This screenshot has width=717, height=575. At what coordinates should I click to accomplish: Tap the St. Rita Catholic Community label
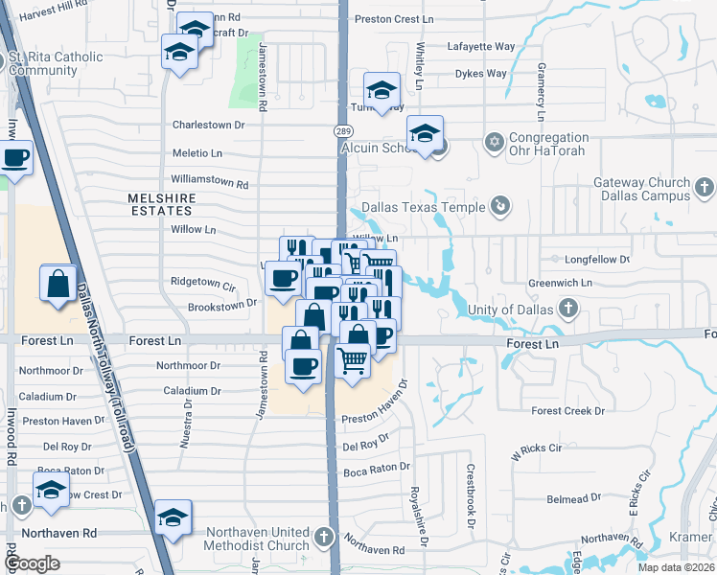(x=55, y=63)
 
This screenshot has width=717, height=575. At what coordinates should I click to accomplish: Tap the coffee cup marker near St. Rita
(x=14, y=158)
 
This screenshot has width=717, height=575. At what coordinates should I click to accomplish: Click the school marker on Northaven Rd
(x=173, y=518)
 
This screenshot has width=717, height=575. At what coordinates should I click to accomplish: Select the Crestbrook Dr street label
(x=471, y=496)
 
